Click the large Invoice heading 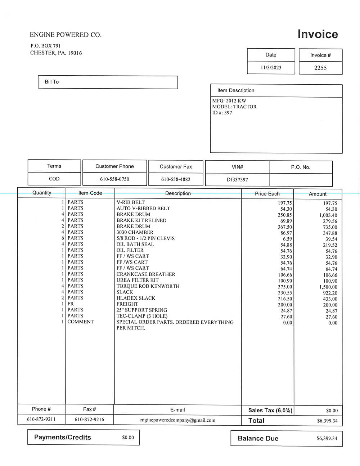[x=318, y=34]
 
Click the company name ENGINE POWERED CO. [x=66, y=35]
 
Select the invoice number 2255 [x=320, y=68]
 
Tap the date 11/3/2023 [x=271, y=68]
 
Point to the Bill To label [x=52, y=82]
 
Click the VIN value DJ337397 [x=237, y=179]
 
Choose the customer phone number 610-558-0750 [x=114, y=179]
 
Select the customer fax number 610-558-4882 [x=176, y=179]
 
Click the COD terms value [x=54, y=179]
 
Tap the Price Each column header [x=267, y=194]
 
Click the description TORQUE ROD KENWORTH [x=148, y=286]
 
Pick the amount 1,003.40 [x=328, y=215]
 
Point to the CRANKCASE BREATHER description [x=146, y=274]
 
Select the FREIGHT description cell [x=127, y=304]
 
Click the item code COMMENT [x=81, y=322]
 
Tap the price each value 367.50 [x=285, y=227]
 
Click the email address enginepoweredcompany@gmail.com [x=177, y=420]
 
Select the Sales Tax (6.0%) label [x=270, y=410]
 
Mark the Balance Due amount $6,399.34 [x=327, y=438]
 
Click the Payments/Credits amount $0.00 [x=128, y=438]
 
